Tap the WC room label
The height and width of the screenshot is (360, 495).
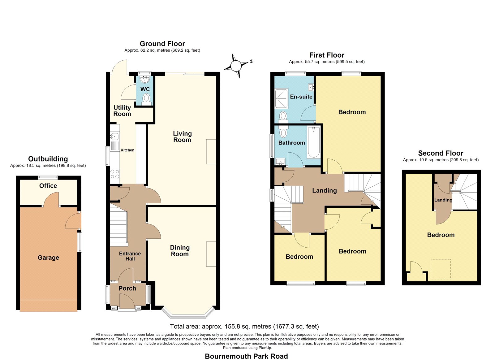[145, 89]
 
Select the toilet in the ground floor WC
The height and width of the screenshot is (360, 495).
[146, 99]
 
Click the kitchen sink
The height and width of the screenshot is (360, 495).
[114, 136]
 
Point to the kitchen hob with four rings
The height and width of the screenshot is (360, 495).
[115, 174]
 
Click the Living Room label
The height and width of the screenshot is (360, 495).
[182, 137]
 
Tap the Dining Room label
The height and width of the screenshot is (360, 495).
[180, 251]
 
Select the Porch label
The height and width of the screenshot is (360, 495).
[127, 288]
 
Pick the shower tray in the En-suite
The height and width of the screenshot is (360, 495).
[281, 98]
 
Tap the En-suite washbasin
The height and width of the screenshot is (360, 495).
[312, 88]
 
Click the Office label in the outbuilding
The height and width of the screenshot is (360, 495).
[48, 186]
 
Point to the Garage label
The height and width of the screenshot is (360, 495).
[48, 258]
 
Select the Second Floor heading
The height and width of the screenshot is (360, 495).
[441, 153]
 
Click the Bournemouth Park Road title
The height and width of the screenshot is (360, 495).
[246, 356]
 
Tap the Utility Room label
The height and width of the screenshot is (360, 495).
[122, 111]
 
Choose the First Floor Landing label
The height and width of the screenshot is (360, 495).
[325, 191]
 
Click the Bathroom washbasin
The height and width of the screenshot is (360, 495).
[280, 162]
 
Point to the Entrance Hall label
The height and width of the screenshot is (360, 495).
[130, 256]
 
